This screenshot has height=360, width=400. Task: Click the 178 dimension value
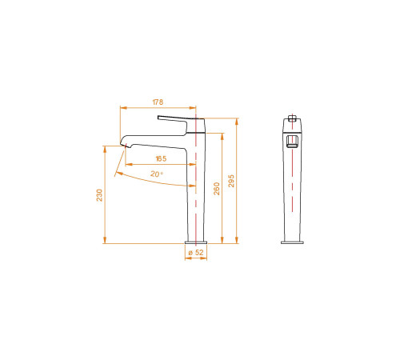(158, 102)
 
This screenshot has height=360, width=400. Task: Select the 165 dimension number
(161, 158)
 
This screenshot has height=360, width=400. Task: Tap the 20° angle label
(156, 174)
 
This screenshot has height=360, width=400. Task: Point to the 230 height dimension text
(99, 195)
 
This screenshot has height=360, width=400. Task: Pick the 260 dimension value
(215, 189)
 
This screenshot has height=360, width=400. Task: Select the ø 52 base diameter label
(196, 253)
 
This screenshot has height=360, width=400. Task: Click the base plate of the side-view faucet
(196, 242)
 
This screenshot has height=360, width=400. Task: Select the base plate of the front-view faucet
(292, 242)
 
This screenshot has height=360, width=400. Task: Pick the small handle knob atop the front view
(292, 119)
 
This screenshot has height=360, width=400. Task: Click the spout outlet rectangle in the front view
(292, 142)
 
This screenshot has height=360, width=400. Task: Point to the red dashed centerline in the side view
(196, 192)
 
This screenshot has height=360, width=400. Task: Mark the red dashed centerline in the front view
(292, 192)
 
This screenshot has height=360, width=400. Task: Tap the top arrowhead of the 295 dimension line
(238, 118)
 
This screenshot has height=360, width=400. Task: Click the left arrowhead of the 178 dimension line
(122, 107)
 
